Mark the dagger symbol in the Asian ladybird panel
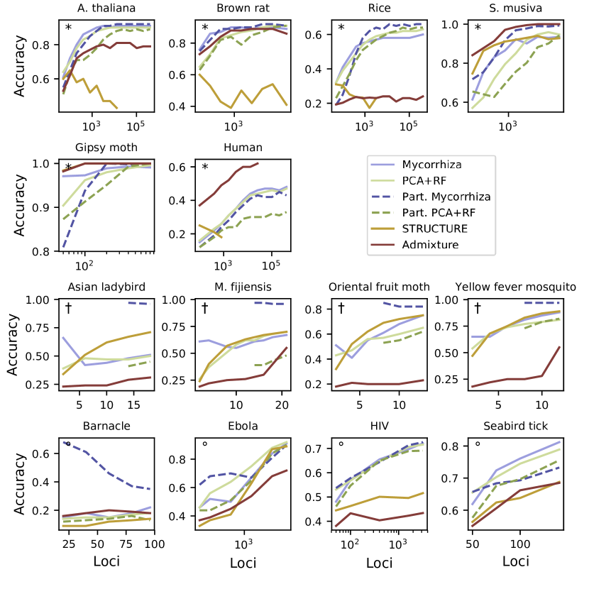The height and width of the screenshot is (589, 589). pos(69,307)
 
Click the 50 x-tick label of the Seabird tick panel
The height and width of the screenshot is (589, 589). pos(470,544)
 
